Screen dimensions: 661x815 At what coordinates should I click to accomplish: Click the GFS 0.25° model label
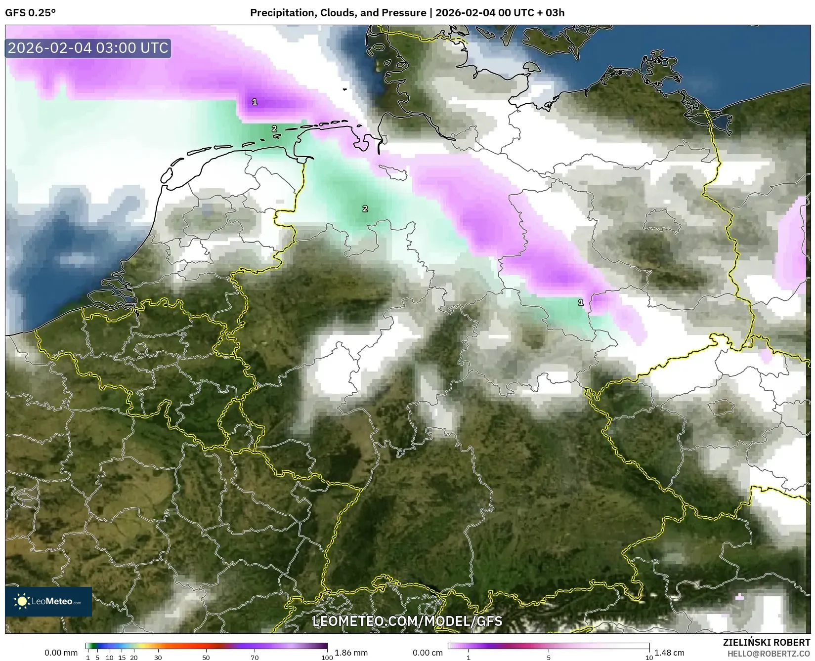tap(30, 13)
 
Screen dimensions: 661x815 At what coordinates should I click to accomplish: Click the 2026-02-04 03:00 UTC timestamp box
tap(88, 48)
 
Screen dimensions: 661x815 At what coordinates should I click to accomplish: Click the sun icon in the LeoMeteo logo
tap(22, 601)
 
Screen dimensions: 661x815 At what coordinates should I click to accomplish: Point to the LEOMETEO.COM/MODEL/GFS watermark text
tap(407, 621)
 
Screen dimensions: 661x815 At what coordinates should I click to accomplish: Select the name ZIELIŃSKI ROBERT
tap(767, 643)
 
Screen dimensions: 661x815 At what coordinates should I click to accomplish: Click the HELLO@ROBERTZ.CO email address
tap(769, 653)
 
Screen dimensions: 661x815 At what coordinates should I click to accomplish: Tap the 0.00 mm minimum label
tap(61, 653)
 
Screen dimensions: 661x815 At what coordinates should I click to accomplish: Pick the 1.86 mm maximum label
tap(351, 653)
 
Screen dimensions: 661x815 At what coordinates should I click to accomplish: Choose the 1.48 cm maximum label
tap(669, 653)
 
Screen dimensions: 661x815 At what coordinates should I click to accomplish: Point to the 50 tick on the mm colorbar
tap(206, 657)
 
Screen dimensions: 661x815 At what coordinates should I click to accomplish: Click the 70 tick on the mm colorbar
tap(255, 657)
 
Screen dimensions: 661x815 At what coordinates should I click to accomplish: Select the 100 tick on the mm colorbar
tap(327, 657)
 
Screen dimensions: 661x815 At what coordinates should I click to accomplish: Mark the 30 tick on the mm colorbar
tap(158, 657)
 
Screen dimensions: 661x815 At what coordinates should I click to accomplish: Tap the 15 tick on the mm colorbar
tap(122, 657)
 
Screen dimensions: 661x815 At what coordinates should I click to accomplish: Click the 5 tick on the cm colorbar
tap(549, 657)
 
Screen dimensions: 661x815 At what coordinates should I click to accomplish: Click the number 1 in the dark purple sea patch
tap(255, 102)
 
